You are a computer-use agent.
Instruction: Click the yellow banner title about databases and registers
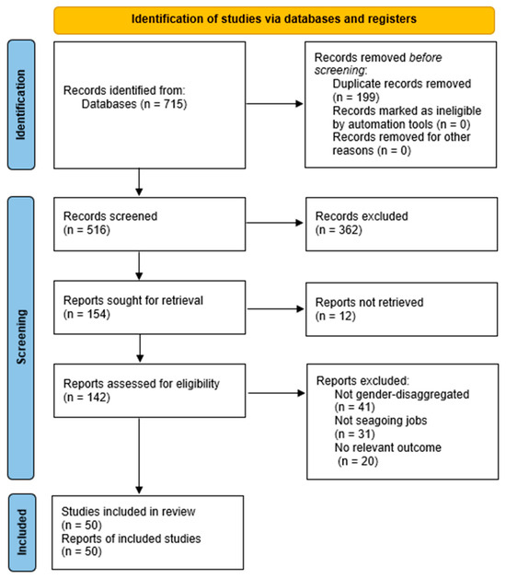[x=274, y=18]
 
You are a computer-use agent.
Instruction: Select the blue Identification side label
[x=21, y=105]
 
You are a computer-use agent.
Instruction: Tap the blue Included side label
[x=22, y=532]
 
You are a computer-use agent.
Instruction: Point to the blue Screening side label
[x=21, y=338]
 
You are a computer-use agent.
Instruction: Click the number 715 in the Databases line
[x=173, y=104]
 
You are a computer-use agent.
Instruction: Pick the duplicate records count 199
[x=366, y=98]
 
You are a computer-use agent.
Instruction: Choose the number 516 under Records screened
[x=96, y=230]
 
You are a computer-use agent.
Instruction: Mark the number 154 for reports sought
[x=96, y=314]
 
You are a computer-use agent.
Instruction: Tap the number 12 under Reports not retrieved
[x=345, y=316]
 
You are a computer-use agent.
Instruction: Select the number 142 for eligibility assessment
[x=96, y=398]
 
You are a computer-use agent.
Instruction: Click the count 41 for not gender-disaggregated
[x=363, y=407]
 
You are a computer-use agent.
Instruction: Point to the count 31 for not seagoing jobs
[x=363, y=434]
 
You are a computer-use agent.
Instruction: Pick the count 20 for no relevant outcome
[x=367, y=461]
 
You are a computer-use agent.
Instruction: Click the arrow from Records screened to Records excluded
[x=274, y=223]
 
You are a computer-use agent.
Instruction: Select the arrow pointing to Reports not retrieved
[x=275, y=308]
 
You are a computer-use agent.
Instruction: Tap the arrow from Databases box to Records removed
[x=274, y=104]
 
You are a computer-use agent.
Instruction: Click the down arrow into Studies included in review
[x=139, y=456]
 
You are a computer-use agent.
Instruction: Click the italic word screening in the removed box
[x=339, y=70]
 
